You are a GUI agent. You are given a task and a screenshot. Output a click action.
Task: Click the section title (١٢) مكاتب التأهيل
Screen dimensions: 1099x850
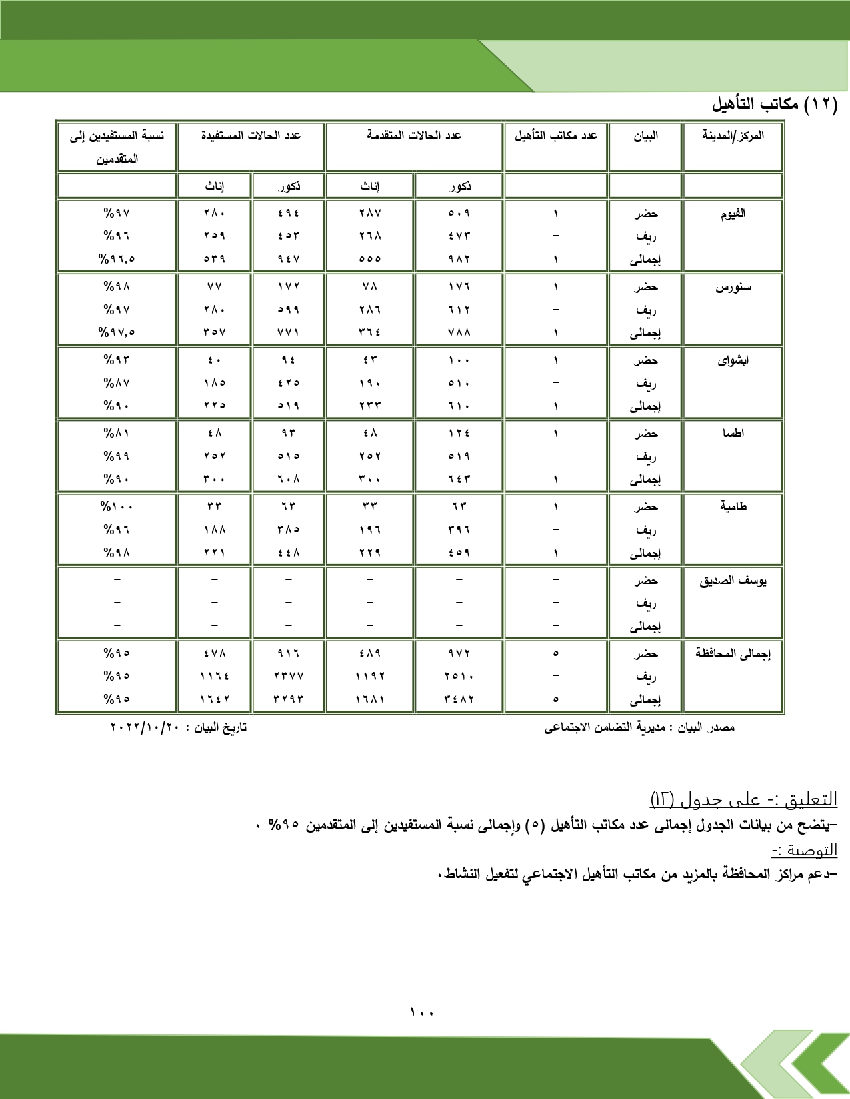pos(774,105)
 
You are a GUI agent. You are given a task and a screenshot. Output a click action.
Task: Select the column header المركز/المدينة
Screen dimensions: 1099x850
pos(732,136)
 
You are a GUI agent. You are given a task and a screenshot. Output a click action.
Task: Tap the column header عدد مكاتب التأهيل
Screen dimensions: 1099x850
pos(555,136)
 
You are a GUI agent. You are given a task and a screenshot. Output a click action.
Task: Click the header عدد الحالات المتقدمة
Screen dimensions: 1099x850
pos(413,136)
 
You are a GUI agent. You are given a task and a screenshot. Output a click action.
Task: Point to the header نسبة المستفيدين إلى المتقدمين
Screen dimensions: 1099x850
pos(117,147)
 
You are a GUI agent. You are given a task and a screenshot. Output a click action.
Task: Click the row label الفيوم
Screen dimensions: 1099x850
pos(732,214)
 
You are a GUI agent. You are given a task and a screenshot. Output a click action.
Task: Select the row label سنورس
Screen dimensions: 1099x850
pos(733,287)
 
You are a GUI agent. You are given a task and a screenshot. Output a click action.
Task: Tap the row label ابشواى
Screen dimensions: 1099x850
pos(733,360)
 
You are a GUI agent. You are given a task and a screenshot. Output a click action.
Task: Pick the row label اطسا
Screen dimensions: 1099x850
pos(733,434)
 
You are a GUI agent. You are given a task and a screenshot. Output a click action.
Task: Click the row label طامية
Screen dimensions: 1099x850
pos(733,507)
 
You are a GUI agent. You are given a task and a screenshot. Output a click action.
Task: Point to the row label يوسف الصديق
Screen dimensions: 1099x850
pos(732,581)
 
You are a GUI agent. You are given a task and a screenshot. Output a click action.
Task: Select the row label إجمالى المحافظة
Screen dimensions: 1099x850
pos(732,654)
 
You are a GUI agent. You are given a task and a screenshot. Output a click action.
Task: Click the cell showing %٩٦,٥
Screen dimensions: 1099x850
pos(117,259)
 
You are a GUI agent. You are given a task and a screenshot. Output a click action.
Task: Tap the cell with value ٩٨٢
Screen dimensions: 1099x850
pos(459,259)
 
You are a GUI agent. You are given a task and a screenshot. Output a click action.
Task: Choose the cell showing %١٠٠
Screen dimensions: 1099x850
pos(117,507)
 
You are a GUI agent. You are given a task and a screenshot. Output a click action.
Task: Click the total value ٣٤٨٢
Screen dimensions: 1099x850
pos(459,699)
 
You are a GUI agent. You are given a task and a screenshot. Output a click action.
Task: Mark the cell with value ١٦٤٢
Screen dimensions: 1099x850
pos(214,699)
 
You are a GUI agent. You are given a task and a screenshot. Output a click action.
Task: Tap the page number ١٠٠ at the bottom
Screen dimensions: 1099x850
pos(421,1012)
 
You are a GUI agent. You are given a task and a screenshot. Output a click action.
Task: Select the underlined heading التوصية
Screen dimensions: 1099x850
pos(804,851)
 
